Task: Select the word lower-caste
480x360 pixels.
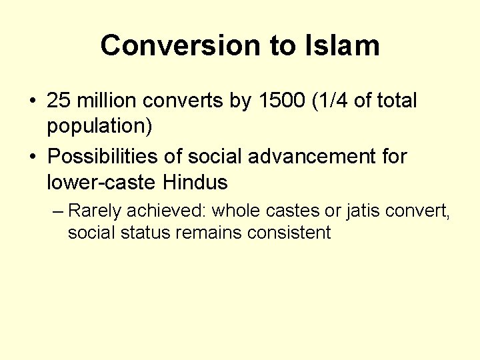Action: click(x=100, y=181)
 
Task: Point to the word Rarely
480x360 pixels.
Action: click(x=95, y=211)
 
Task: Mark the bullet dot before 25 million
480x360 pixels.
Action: click(x=32, y=102)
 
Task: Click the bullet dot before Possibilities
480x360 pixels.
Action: click(x=32, y=157)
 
